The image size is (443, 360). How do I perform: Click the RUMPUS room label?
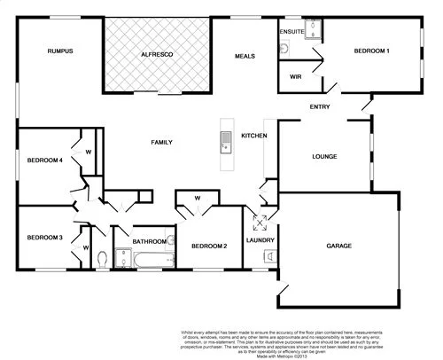[59, 51]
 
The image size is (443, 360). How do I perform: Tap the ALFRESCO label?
[157, 56]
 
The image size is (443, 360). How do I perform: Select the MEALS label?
[245, 56]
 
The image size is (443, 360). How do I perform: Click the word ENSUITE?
[292, 32]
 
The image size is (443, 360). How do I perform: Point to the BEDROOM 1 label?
[372, 51]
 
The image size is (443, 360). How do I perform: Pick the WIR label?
[296, 76]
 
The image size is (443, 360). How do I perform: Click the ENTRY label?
[320, 107]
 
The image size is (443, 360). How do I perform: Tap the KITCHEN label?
[254, 136]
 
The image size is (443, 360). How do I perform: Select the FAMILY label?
[161, 142]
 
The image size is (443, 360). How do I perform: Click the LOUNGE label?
[325, 157]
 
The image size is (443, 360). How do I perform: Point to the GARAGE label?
[338, 246]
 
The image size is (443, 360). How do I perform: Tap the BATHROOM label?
[150, 241]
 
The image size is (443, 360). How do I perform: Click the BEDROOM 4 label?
[43, 160]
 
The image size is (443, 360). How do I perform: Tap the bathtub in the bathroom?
[152, 261]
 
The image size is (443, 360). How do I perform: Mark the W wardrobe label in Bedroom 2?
[197, 198]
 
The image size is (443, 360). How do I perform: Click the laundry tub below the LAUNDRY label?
[268, 256]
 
